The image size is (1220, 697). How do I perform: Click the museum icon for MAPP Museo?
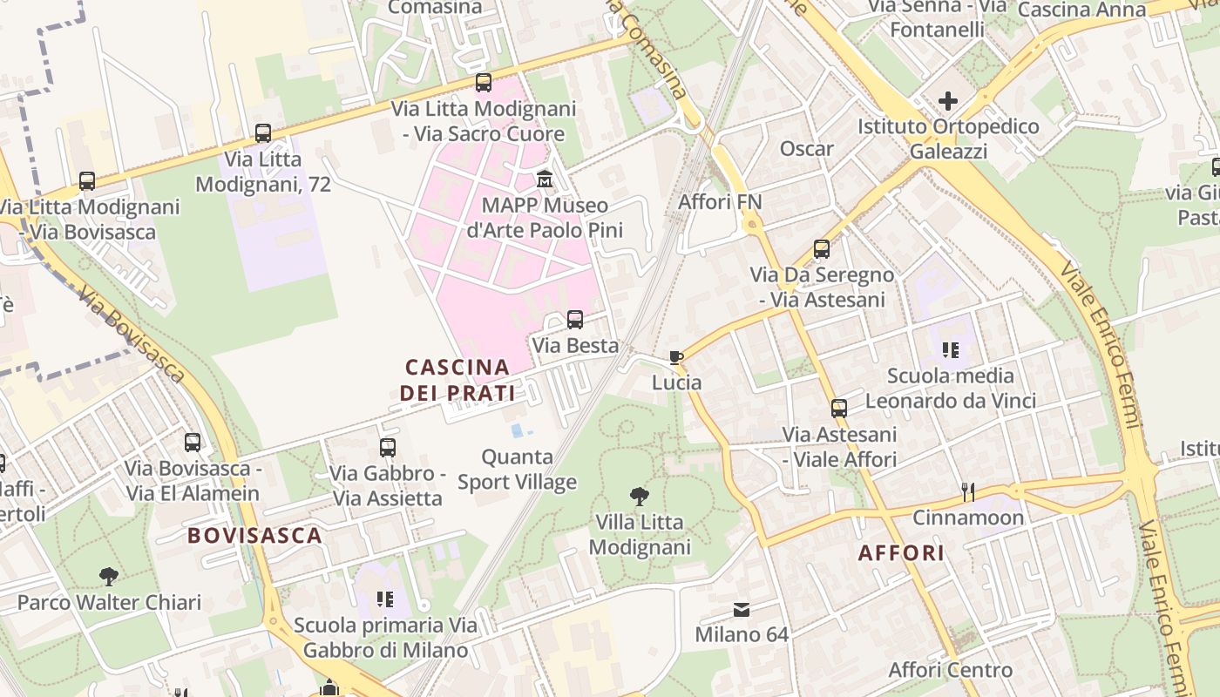point(545,179)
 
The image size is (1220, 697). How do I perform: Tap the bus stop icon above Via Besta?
point(575,320)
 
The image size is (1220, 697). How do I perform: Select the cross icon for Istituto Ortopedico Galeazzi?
point(947,101)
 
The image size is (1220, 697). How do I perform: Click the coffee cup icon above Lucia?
point(675,357)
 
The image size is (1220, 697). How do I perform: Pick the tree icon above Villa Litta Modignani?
point(640,497)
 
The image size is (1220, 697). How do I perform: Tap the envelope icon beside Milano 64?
point(742,609)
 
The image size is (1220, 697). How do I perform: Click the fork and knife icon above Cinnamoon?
point(968,492)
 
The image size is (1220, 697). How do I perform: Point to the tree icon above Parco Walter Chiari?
point(109,577)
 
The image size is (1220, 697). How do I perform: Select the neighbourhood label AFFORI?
point(902,553)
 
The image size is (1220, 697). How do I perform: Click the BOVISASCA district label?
point(255,535)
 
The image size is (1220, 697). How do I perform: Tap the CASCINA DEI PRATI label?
point(457,380)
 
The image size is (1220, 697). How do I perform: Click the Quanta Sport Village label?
point(518,469)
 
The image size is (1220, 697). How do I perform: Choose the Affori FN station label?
point(720,202)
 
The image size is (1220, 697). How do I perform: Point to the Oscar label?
point(807,148)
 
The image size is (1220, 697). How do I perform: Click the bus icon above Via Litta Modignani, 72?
point(262,133)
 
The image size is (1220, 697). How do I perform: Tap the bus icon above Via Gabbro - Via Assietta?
point(388,448)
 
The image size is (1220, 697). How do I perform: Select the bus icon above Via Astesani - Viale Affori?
point(839,409)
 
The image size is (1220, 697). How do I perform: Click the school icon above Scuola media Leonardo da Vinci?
point(950,350)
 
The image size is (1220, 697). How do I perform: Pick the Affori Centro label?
point(950,670)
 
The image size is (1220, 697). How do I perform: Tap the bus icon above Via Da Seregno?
point(822,249)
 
